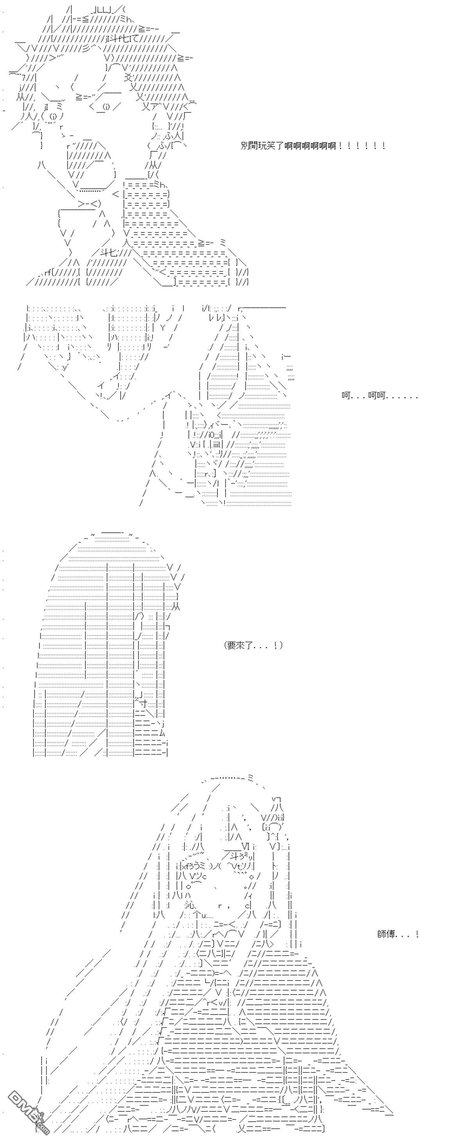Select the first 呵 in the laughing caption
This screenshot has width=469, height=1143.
click(x=346, y=395)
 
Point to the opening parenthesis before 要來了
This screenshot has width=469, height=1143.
click(x=225, y=645)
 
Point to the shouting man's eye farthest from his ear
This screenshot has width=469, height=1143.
click(x=53, y=117)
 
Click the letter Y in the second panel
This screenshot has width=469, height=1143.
click(x=163, y=328)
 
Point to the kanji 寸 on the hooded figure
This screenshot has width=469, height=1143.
click(x=143, y=703)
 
